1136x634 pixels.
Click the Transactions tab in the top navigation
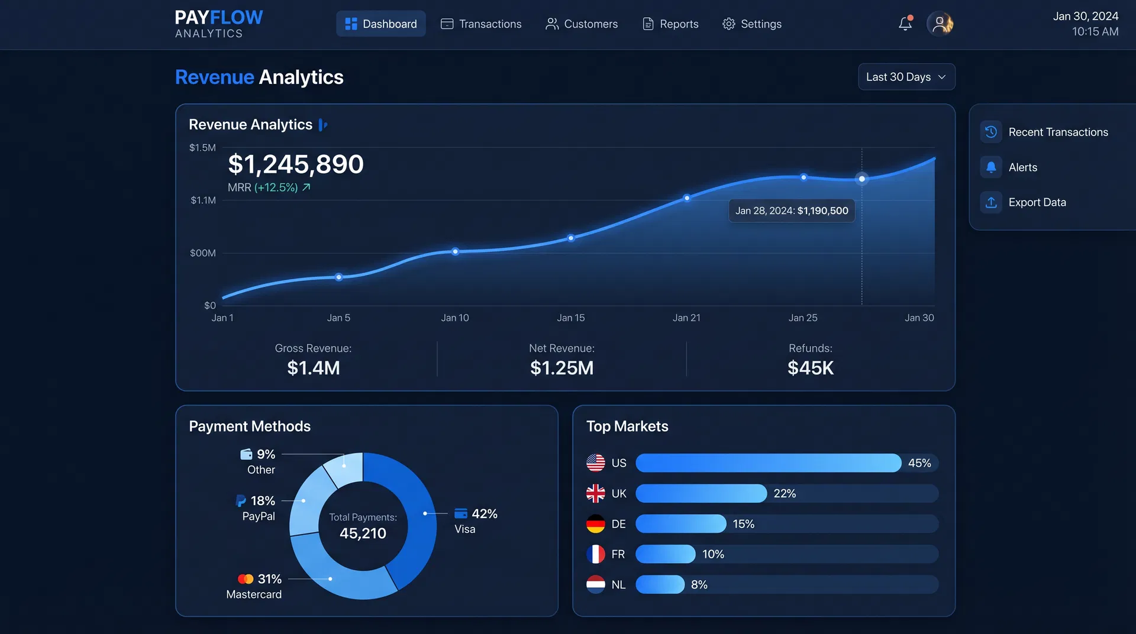481,24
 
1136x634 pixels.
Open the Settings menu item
752,24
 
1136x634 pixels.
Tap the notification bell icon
905,24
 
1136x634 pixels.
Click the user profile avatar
940,24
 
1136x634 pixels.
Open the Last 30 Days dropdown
906,77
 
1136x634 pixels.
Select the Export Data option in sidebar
1037,202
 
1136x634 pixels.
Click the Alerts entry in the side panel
1022,167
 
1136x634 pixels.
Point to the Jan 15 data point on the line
571,238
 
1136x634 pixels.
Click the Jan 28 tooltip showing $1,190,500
791,211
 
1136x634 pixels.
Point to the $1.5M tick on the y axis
202,148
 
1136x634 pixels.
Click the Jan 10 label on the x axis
454,318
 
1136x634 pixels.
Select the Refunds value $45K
810,368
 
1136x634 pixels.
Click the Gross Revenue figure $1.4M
313,368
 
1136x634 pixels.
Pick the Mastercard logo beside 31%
246,579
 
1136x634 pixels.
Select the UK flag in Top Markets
595,493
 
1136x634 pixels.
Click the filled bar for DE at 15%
680,524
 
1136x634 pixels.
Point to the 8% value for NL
699,584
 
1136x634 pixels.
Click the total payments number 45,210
363,533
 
